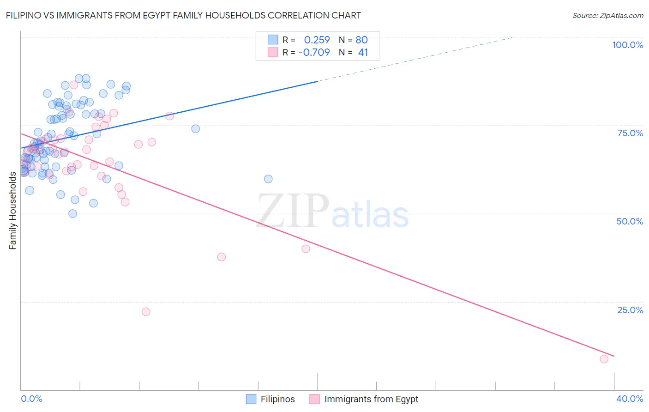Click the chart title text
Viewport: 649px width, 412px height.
(183, 15)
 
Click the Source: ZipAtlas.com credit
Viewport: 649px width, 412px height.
(607, 15)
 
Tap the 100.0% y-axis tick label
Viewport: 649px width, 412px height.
(627, 45)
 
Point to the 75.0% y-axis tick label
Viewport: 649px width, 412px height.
(630, 133)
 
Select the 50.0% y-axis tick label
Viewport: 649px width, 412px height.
(630, 221)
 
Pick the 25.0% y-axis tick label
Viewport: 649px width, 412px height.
(630, 310)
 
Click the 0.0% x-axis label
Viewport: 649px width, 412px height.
(31, 399)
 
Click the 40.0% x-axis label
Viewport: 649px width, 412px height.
(630, 399)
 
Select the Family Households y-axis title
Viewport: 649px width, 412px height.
(12, 211)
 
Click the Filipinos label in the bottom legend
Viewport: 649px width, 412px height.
(277, 399)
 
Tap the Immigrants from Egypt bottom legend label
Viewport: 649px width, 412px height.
(371, 399)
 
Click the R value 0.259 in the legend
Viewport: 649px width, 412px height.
(317, 40)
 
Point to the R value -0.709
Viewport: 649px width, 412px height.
(314, 52)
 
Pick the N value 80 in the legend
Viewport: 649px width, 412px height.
(361, 40)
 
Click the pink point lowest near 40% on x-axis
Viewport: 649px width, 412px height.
(604, 359)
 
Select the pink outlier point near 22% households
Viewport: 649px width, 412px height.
(146, 312)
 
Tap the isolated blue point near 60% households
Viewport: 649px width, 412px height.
(268, 179)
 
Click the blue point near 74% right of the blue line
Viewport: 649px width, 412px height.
(196, 129)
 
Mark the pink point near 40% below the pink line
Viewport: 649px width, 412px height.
(306, 249)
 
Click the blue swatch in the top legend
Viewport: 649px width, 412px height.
(273, 40)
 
